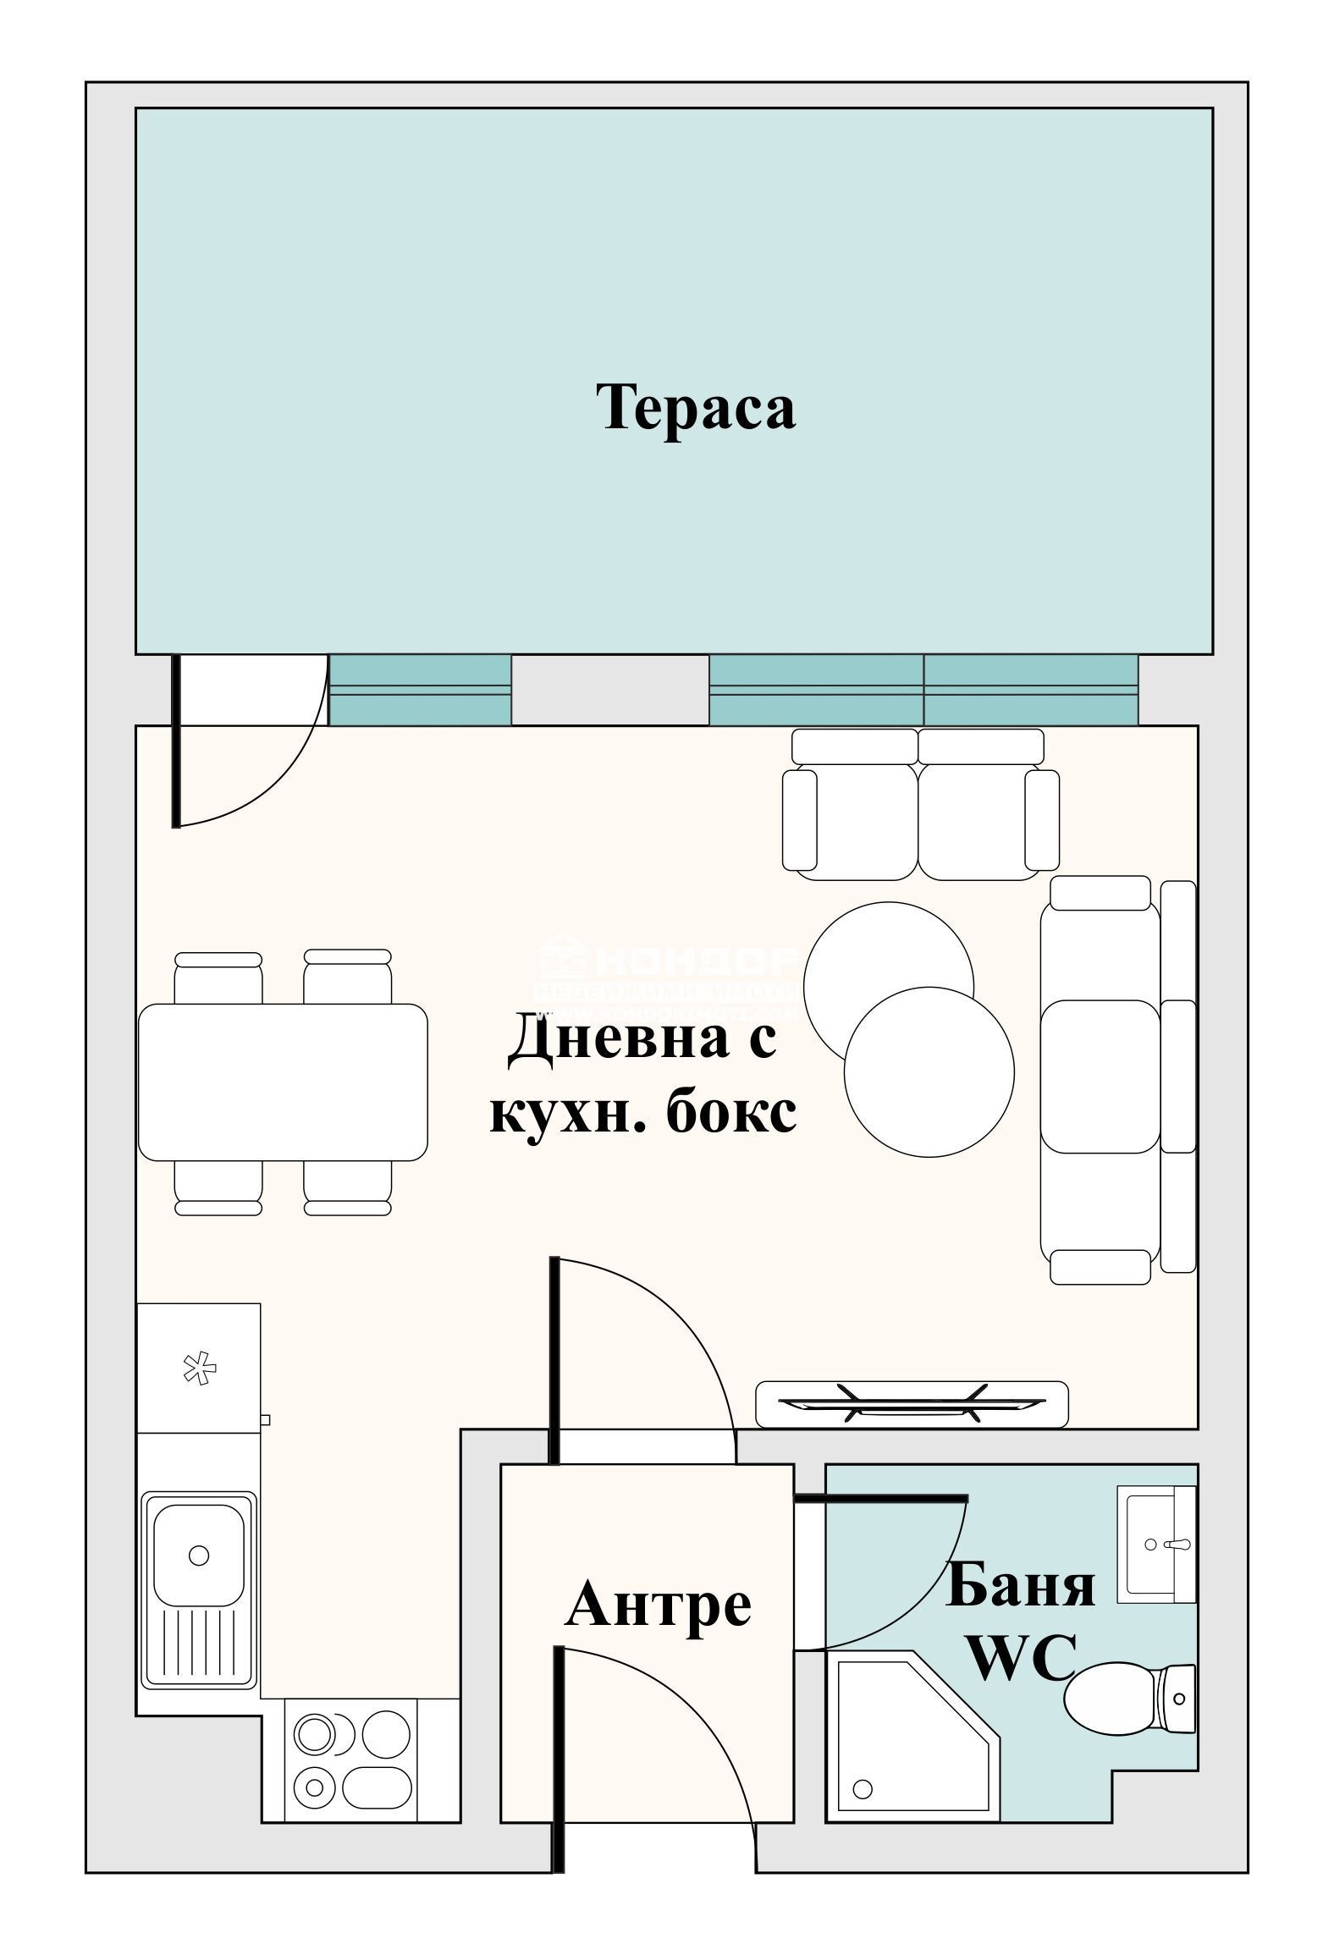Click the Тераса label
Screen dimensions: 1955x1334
tap(698, 408)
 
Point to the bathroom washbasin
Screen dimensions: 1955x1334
tap(1155, 1544)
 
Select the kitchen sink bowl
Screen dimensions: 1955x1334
tap(199, 1554)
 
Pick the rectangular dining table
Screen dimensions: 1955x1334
tap(283, 1082)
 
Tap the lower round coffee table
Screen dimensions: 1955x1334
tap(929, 1071)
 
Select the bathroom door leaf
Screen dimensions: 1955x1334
tap(880, 1499)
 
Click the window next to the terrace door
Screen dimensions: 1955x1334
tap(420, 690)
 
